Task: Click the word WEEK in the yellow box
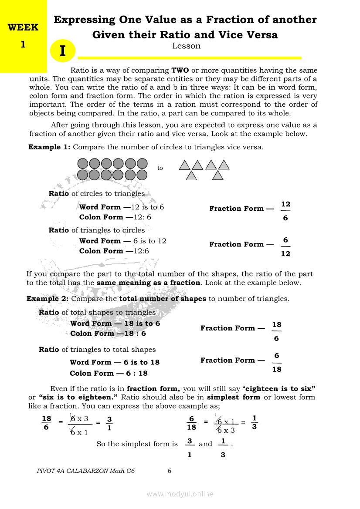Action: [x=23, y=27]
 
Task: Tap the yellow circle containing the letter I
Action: [x=63, y=51]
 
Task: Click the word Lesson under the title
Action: [x=187, y=46]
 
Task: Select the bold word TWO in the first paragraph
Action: [x=180, y=70]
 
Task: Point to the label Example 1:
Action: [x=49, y=147]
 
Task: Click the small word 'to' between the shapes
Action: [x=160, y=168]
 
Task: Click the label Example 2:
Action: [x=48, y=299]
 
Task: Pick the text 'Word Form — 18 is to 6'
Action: [x=115, y=324]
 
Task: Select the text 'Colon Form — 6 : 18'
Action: [x=109, y=373]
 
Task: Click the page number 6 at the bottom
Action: [x=170, y=471]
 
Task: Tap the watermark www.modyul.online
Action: [x=180, y=494]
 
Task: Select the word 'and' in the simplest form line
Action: [x=205, y=444]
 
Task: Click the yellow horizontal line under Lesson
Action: [x=189, y=57]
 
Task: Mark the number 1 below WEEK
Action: [x=23, y=44]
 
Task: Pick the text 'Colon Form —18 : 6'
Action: [x=108, y=334]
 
